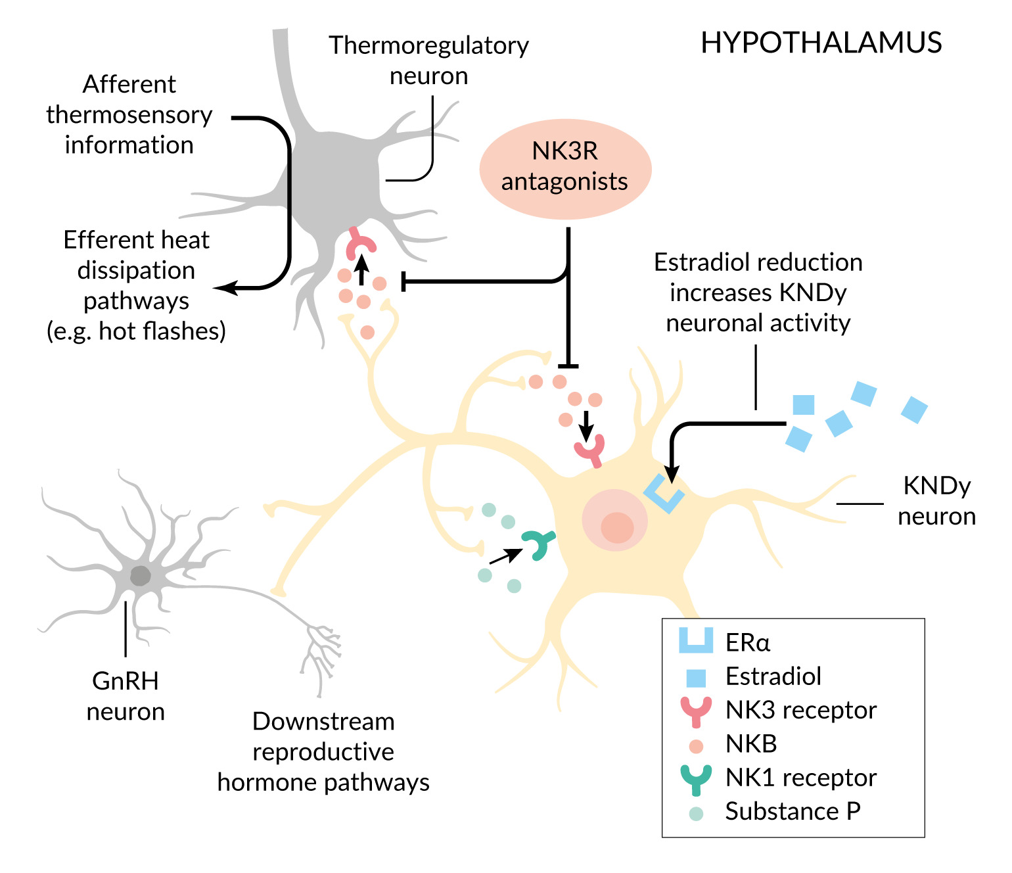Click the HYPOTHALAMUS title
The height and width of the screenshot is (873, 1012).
(821, 43)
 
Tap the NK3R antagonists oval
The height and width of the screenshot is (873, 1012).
(565, 168)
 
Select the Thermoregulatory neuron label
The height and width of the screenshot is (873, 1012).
(428, 60)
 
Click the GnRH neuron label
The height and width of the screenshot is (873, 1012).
(126, 696)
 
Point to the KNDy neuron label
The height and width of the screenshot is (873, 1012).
(936, 501)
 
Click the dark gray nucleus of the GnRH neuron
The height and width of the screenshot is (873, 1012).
(140, 576)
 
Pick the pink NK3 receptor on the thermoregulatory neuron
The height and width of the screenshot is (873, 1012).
(360, 243)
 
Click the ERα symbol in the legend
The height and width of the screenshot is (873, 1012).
(696, 641)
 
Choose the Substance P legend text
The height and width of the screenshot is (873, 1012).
(793, 812)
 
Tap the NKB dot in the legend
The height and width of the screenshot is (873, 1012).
(696, 746)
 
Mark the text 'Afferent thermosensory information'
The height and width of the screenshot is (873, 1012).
(129, 115)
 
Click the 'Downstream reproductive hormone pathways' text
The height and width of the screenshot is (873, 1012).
(323, 752)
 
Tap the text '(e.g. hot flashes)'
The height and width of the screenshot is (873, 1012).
(136, 331)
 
